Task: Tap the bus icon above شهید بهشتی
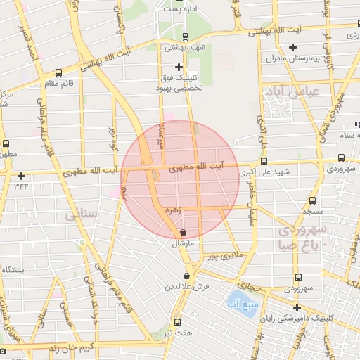pos(184,37)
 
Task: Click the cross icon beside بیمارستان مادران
pos(292,48)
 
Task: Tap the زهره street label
pos(173,209)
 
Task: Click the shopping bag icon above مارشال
pos(183,232)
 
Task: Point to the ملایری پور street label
pos(223,256)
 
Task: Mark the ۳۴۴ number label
pos(22,187)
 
